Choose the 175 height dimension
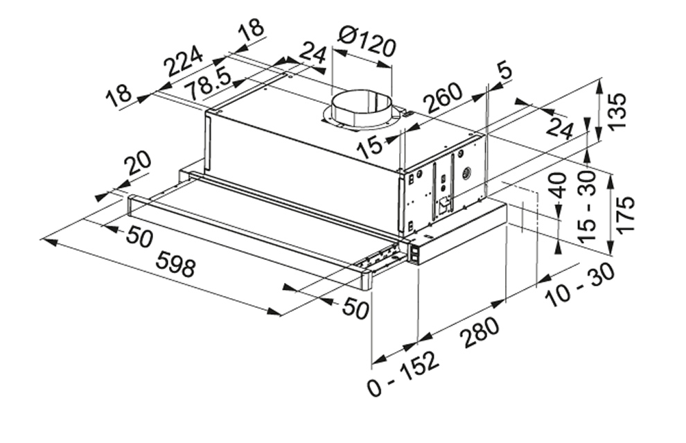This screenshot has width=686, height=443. click(624, 215)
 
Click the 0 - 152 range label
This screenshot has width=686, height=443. click(403, 374)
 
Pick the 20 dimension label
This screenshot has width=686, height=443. click(137, 164)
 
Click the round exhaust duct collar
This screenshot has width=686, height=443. click(361, 110)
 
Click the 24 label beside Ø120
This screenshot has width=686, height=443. click(312, 53)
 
